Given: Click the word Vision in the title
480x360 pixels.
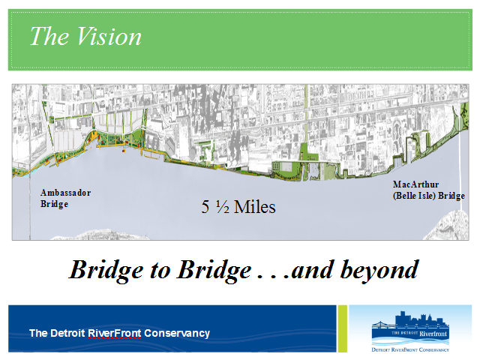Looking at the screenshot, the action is coord(109,36).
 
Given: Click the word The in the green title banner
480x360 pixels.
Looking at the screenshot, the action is coord(49,36).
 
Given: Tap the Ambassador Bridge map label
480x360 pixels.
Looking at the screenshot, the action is coord(65,198).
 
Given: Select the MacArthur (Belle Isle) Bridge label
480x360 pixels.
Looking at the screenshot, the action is coord(429,190).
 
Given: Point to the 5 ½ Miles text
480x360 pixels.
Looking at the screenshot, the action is coord(238,207).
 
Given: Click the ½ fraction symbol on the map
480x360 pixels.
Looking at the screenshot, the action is coord(223,207).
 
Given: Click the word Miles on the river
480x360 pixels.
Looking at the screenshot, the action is coord(255,207).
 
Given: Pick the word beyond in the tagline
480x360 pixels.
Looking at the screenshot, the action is coord(379,271).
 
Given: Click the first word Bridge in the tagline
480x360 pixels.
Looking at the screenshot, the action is coord(106,271).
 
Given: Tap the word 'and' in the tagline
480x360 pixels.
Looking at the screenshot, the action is coord(313,270).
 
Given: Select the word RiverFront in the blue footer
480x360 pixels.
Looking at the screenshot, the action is coord(115,333).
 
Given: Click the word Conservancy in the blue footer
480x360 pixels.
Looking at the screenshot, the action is coord(177,333).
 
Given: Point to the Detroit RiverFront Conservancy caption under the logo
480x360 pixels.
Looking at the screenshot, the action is coord(410,349).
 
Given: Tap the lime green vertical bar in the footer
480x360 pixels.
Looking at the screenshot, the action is coord(343,328).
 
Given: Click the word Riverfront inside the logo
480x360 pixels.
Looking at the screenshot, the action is coord(433,333).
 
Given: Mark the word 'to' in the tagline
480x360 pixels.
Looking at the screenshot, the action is coord(160,271).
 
